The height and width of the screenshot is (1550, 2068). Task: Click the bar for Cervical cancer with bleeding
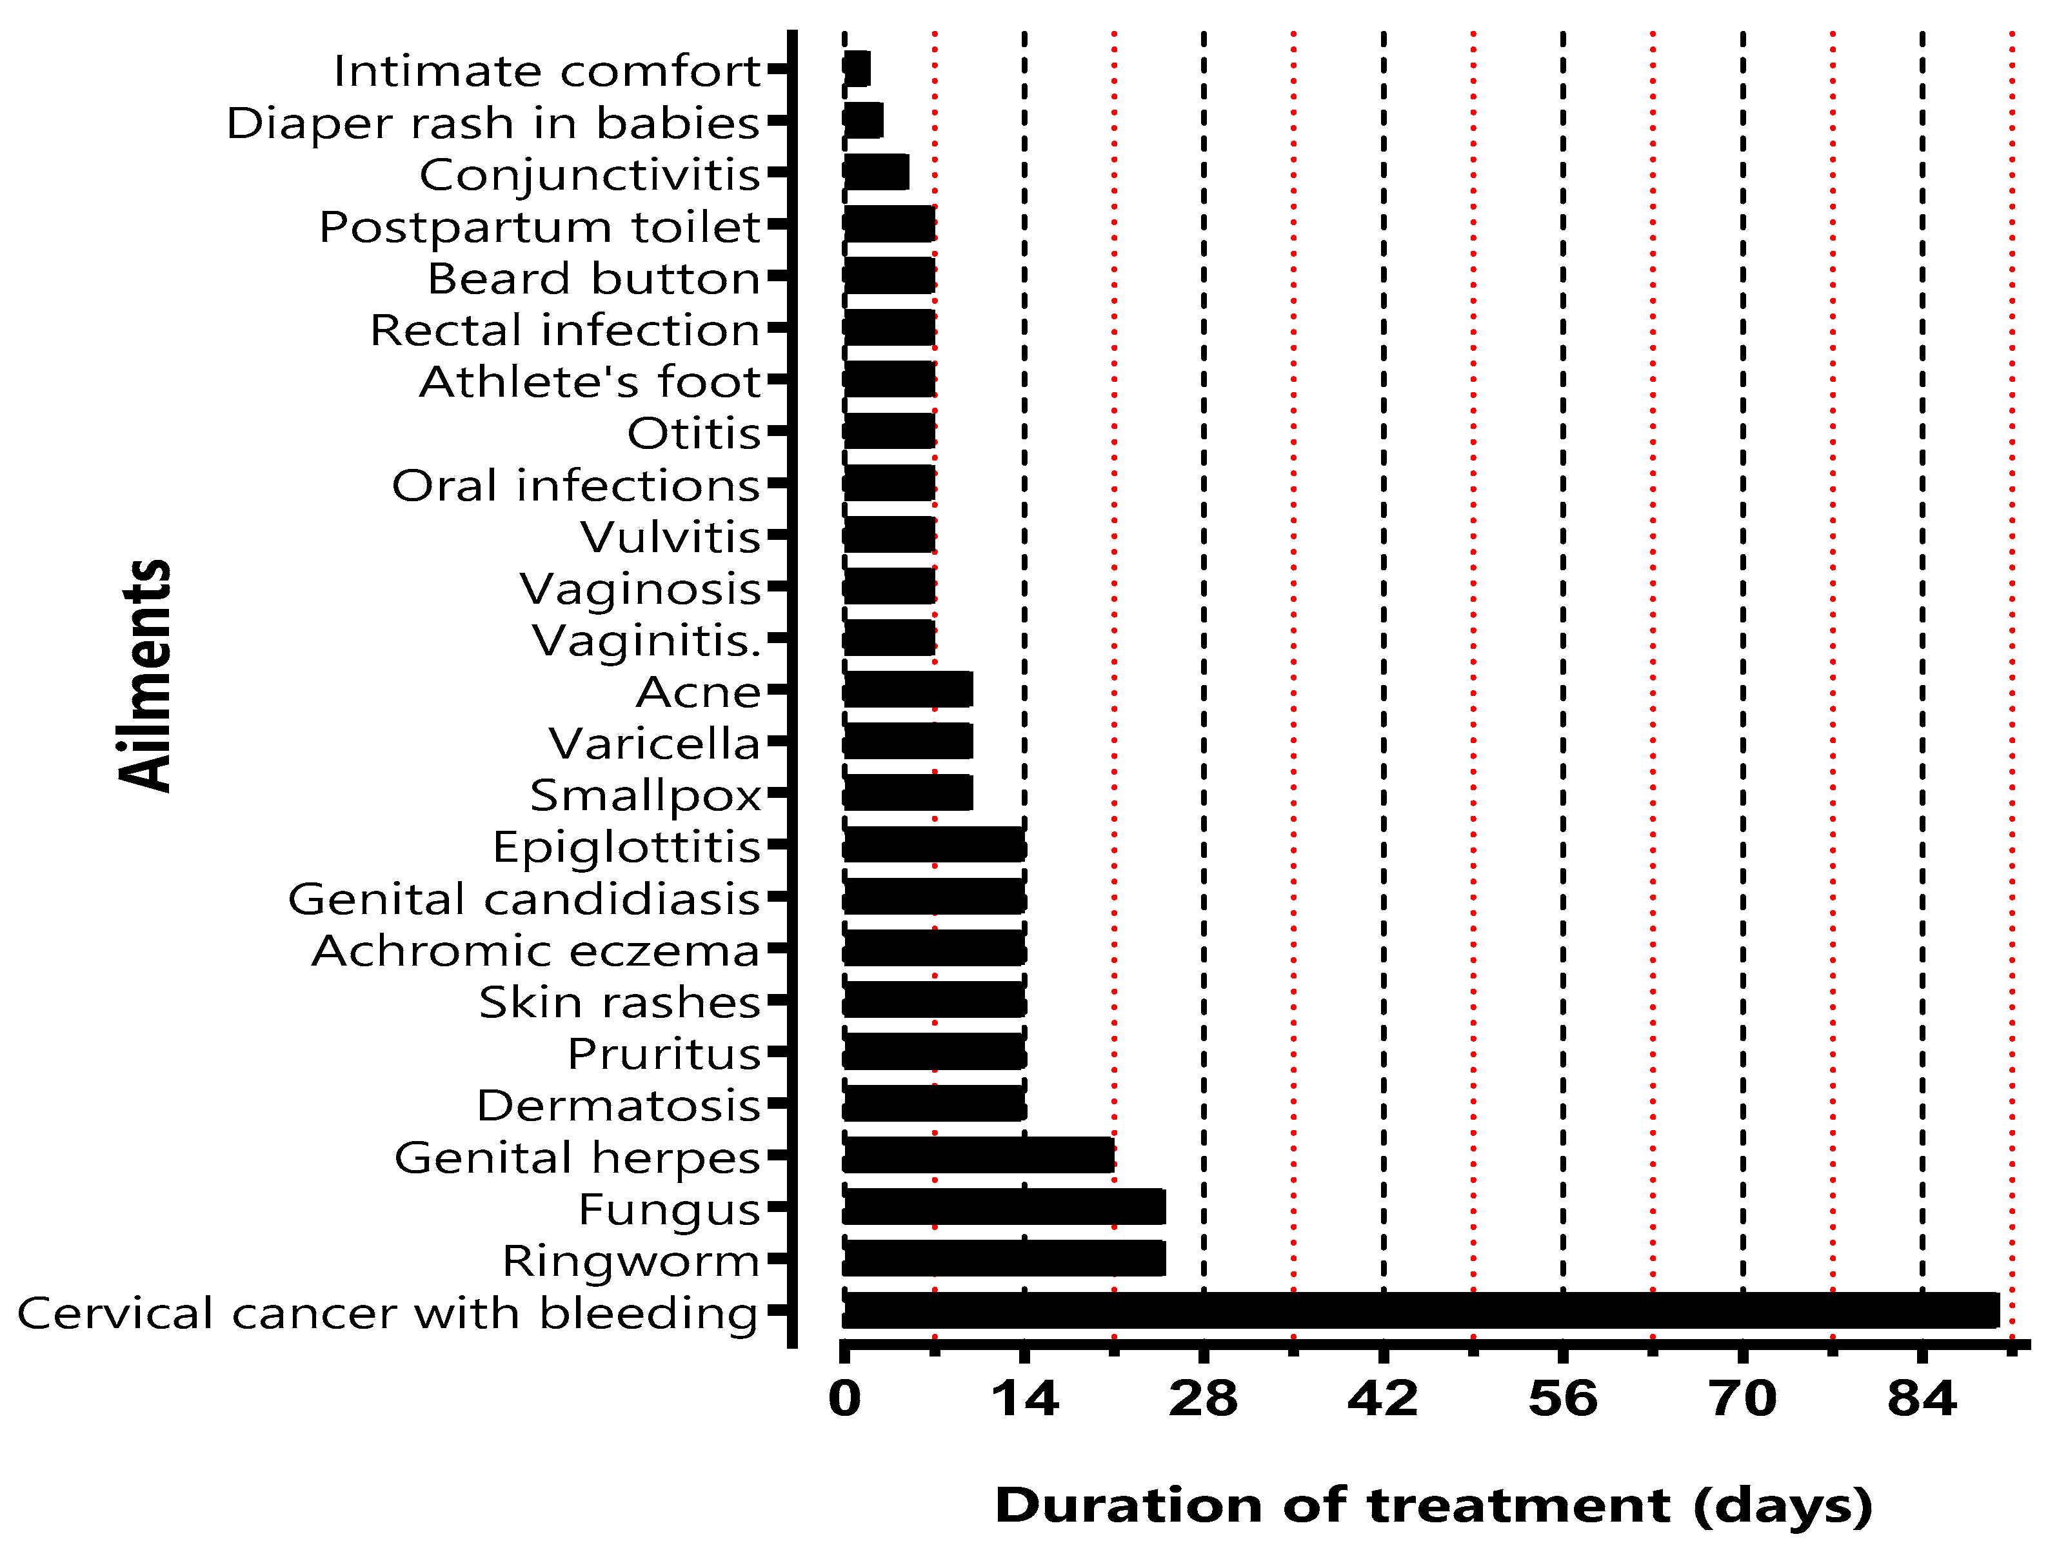pyautogui.click(x=1421, y=1311)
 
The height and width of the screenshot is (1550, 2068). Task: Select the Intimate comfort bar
pyautogui.click(x=857, y=69)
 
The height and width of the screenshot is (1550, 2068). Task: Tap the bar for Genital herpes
pyautogui.click(x=979, y=1155)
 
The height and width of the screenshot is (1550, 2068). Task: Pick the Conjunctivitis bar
pyautogui.click(x=876, y=173)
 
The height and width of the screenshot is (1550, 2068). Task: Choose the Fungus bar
pyautogui.click(x=1004, y=1207)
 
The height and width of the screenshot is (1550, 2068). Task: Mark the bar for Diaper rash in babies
pyautogui.click(x=863, y=121)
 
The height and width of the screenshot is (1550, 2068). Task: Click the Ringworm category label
pyautogui.click(x=631, y=1260)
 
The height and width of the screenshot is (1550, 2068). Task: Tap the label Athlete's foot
pyautogui.click(x=590, y=381)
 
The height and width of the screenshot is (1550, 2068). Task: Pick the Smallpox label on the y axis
pyautogui.click(x=645, y=795)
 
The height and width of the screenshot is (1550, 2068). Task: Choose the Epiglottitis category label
pyautogui.click(x=626, y=847)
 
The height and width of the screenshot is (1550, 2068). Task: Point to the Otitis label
pyautogui.click(x=693, y=433)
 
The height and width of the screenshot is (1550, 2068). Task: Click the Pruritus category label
pyautogui.click(x=664, y=1053)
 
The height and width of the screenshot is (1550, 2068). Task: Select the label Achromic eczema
pyautogui.click(x=535, y=951)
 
